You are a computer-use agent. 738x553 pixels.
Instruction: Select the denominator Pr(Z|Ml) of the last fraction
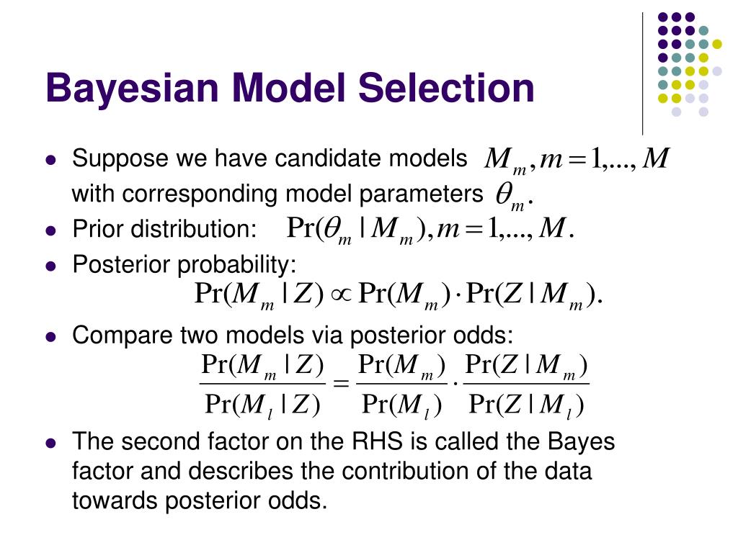(x=526, y=405)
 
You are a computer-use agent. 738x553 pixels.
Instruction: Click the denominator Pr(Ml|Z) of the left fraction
(x=262, y=405)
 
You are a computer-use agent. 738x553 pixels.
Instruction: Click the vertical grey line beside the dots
(x=642, y=72)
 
